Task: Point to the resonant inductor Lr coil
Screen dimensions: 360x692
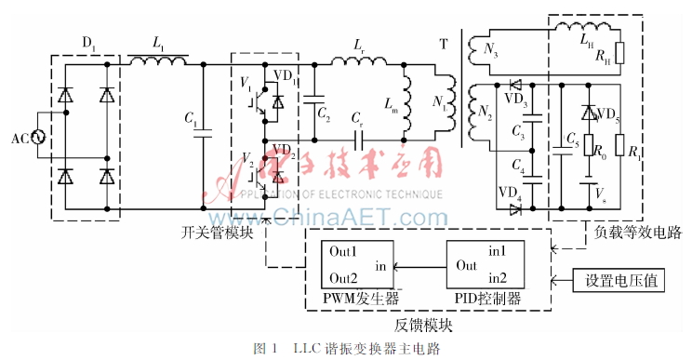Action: point(358,63)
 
